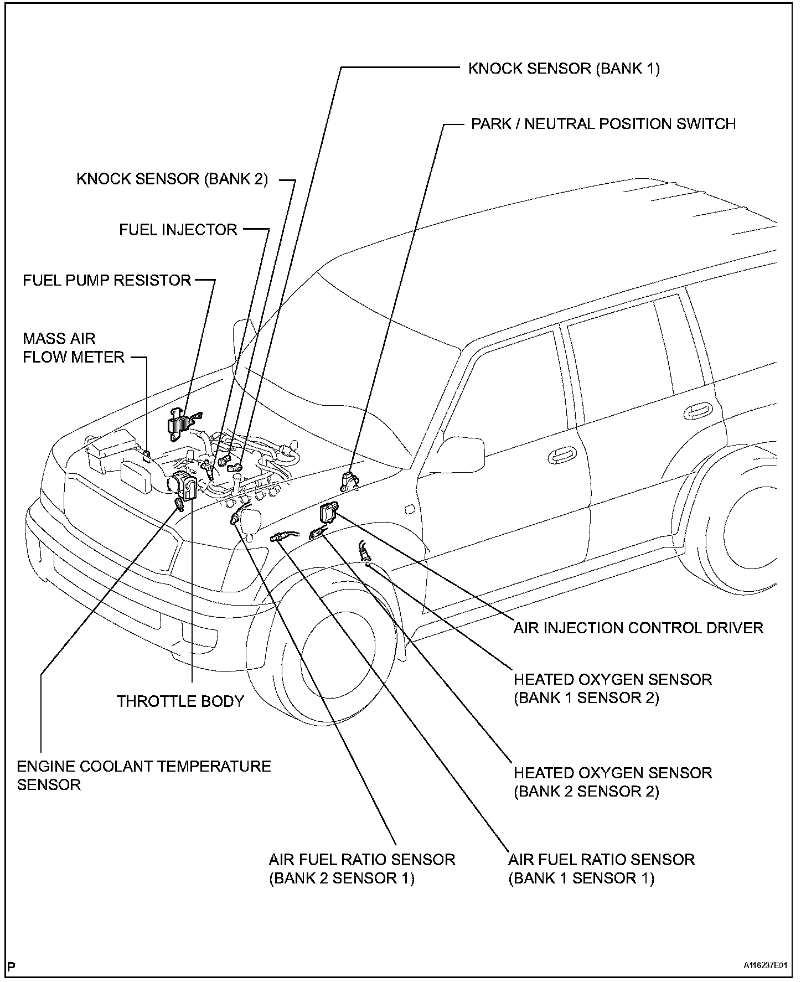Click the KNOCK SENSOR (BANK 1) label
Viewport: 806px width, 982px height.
click(x=564, y=69)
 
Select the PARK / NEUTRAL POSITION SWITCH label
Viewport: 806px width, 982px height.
click(x=603, y=123)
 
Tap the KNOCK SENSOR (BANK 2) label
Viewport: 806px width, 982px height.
click(x=172, y=179)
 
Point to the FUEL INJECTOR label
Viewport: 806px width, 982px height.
click(x=178, y=230)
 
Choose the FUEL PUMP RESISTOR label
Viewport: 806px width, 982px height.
click(x=107, y=280)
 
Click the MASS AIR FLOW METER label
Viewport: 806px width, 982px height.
click(x=73, y=348)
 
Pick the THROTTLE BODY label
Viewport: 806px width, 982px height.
click(x=180, y=701)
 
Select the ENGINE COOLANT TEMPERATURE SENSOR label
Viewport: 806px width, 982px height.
click(x=143, y=775)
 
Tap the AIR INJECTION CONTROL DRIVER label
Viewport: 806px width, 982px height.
click(x=638, y=628)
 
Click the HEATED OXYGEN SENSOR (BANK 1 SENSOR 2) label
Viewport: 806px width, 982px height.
click(x=612, y=688)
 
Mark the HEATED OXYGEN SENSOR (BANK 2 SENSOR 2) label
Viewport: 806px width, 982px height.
click(x=612, y=782)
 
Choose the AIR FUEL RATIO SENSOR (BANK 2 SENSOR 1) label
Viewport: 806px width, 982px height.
click(x=361, y=869)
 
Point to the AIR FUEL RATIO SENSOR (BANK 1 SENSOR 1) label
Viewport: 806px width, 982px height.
click(x=601, y=869)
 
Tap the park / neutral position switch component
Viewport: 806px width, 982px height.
click(x=348, y=479)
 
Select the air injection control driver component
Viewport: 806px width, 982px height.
click(x=328, y=512)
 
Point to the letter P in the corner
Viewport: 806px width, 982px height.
click(x=12, y=967)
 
